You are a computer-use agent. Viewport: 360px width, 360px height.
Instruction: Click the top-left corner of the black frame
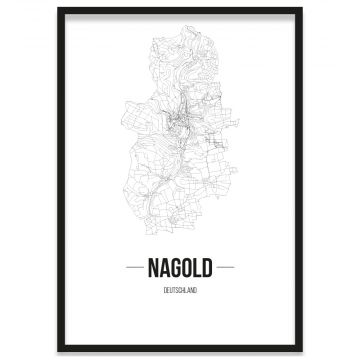[x=59, y=9]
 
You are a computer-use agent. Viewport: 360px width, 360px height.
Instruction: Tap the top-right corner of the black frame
[x=301, y=9]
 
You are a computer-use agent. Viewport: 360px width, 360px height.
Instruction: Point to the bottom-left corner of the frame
[x=59, y=351]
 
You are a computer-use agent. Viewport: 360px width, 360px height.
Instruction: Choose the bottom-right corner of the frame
[x=301, y=351]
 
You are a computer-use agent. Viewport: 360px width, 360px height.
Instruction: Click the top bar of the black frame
[x=180, y=9]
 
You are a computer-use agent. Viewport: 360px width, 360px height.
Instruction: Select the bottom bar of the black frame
[x=180, y=351]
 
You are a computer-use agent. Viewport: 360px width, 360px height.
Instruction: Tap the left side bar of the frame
[x=59, y=180]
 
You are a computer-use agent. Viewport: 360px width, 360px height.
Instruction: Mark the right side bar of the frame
[x=301, y=180]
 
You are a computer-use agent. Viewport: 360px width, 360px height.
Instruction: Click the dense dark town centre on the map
[x=177, y=124]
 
